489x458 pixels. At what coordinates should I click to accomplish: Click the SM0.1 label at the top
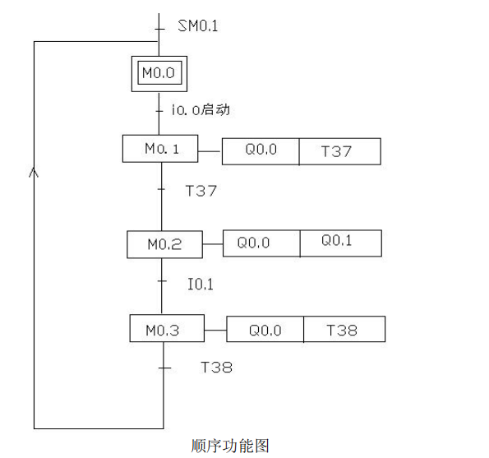click(x=198, y=26)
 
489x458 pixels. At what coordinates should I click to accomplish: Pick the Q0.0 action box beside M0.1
click(x=261, y=152)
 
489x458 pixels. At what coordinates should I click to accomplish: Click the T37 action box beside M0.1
click(x=339, y=152)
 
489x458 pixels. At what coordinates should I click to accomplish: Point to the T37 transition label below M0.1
click(x=201, y=191)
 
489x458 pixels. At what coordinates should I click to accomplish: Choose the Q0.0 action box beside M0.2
click(x=261, y=243)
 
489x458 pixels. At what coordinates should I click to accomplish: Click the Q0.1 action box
click(x=339, y=242)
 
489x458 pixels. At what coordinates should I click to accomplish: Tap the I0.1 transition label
click(x=201, y=284)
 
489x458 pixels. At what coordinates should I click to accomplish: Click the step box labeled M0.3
click(x=165, y=330)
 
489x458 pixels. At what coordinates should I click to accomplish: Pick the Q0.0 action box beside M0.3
click(x=265, y=331)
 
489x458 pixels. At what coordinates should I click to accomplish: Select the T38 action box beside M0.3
click(x=344, y=331)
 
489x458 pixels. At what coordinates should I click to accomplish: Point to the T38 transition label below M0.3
click(x=216, y=368)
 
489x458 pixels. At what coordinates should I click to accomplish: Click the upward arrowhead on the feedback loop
click(x=34, y=173)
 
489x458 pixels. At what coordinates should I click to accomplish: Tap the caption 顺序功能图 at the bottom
click(x=229, y=446)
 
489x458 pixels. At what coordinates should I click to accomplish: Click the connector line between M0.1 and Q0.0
click(x=212, y=151)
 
